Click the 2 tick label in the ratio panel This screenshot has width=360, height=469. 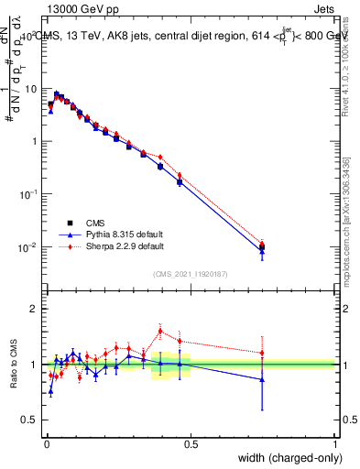pyautogui.click(x=34, y=309)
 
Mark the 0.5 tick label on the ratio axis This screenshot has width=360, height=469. pyautogui.click(x=30, y=420)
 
